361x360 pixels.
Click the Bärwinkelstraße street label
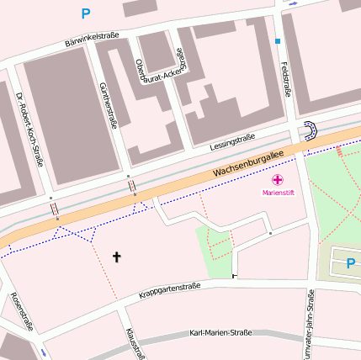(92, 39)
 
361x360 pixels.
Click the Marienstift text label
(278, 193)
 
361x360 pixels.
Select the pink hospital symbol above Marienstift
(278, 180)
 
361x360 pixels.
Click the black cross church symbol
(117, 257)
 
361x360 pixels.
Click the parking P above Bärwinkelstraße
(85, 13)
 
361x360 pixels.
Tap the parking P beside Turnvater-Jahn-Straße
(350, 265)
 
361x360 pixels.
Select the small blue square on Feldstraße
(278, 40)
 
